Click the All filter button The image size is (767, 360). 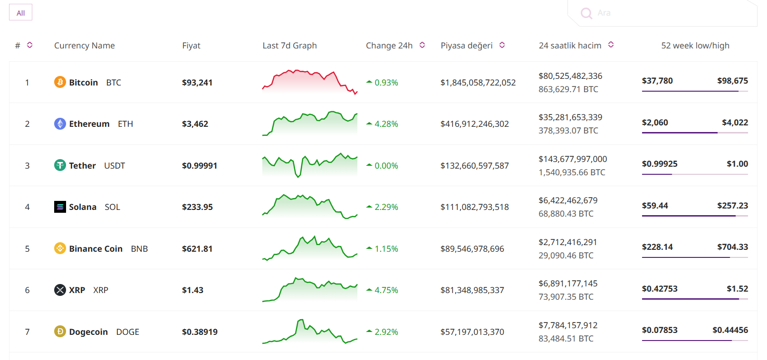[x=20, y=13]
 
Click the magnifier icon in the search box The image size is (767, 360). [x=586, y=13]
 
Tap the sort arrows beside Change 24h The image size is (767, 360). [x=422, y=45]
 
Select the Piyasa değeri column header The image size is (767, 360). [x=466, y=46]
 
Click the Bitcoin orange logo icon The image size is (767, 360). [x=60, y=82]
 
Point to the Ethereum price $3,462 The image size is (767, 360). [x=195, y=124]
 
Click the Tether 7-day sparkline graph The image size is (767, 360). [x=310, y=165]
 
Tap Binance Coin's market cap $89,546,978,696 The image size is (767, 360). [x=472, y=249]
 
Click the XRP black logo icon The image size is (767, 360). [x=60, y=290]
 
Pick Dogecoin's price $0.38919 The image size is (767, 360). [x=200, y=332]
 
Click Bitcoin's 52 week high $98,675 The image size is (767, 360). [x=732, y=81]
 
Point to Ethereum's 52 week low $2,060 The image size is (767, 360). [x=655, y=123]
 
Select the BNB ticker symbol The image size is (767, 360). [x=139, y=249]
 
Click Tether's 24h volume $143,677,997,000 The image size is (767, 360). [x=573, y=159]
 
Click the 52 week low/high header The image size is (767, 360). [x=695, y=46]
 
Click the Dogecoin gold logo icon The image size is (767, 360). [x=60, y=332]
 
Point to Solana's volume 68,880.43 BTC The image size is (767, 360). [x=566, y=214]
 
